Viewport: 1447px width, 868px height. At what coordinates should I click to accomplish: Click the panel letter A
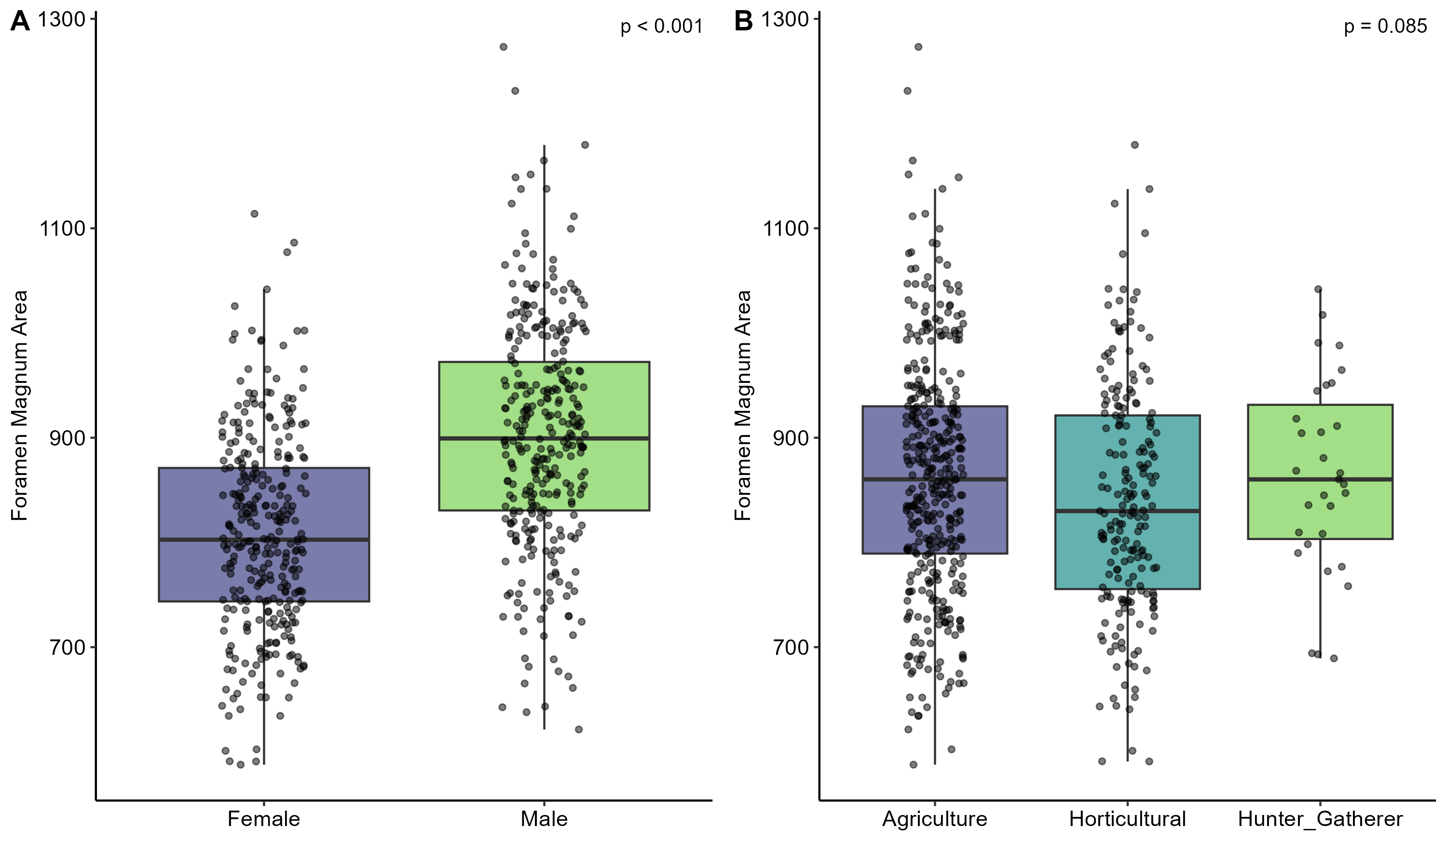coord(20,22)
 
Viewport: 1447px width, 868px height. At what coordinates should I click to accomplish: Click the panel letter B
coord(743,22)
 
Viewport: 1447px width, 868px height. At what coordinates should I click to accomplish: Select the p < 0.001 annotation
coord(661,27)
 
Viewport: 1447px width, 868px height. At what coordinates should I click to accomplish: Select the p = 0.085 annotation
coord(1385,27)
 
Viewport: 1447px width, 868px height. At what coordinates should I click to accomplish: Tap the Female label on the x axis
coord(263,819)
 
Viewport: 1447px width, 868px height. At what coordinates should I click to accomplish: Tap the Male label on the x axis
coord(544,819)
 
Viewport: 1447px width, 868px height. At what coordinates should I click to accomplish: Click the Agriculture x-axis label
coord(935,819)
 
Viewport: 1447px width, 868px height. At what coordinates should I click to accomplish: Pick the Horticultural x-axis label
coord(1127,819)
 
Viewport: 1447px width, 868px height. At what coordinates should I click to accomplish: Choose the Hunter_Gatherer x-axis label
coord(1320,819)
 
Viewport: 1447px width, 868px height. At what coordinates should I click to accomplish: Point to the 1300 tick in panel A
coord(62,20)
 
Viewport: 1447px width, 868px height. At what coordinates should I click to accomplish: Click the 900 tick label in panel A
coord(67,438)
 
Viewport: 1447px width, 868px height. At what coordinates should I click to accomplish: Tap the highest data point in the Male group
coord(503,47)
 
